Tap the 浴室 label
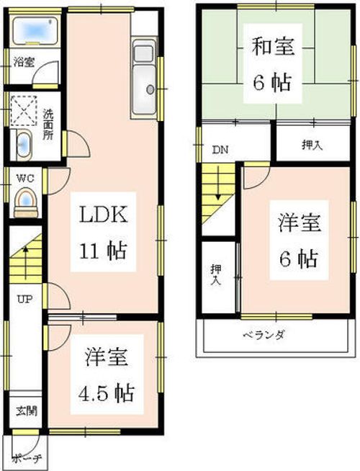[x=23, y=62]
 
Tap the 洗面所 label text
[x=48, y=124]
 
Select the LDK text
[x=103, y=215]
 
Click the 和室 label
[x=273, y=48]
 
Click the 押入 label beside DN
[x=311, y=145]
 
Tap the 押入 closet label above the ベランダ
[x=215, y=275]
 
